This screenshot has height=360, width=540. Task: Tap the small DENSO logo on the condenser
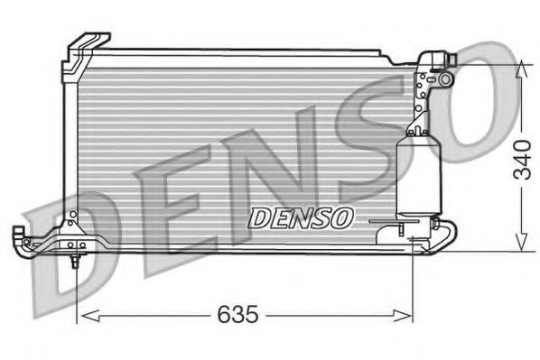click(301, 217)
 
